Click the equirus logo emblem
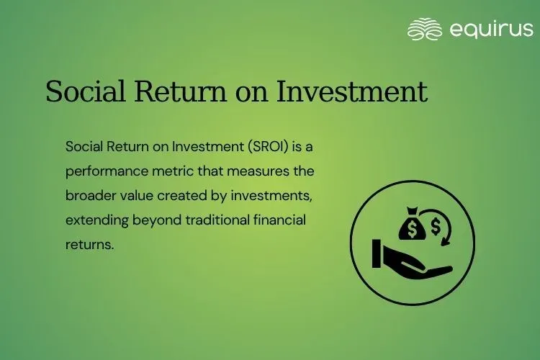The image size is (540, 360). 424,30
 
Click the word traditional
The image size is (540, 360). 223,220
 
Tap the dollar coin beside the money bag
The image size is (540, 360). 436,228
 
